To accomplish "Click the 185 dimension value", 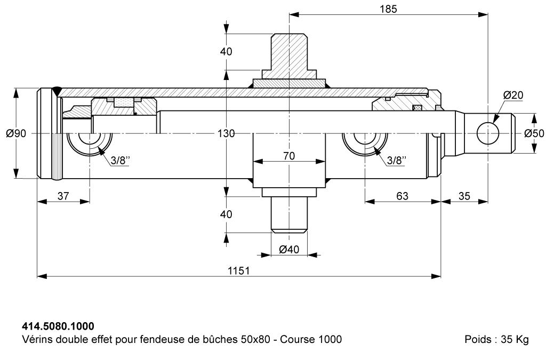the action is [x=388, y=9].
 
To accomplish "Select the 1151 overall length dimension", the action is [x=239, y=270].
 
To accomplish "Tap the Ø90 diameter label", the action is [x=16, y=133].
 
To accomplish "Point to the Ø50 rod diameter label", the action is [x=534, y=133].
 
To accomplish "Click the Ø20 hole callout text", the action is [x=513, y=95].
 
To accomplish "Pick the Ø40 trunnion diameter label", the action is [x=289, y=249].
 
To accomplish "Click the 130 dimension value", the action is [x=226, y=133].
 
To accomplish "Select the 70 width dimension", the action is [x=289, y=156].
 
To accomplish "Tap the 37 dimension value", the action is [x=63, y=196].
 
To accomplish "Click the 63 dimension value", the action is [x=402, y=196].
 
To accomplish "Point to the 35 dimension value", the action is [x=464, y=196].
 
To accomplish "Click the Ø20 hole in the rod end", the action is [x=488, y=133].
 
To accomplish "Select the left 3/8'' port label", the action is [x=120, y=161].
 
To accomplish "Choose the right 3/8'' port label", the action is [x=397, y=161].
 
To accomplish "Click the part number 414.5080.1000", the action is [x=58, y=326].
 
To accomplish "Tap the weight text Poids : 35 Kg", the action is [x=496, y=339].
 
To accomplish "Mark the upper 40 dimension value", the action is [x=226, y=52].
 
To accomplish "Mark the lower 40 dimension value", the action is [x=226, y=214].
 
